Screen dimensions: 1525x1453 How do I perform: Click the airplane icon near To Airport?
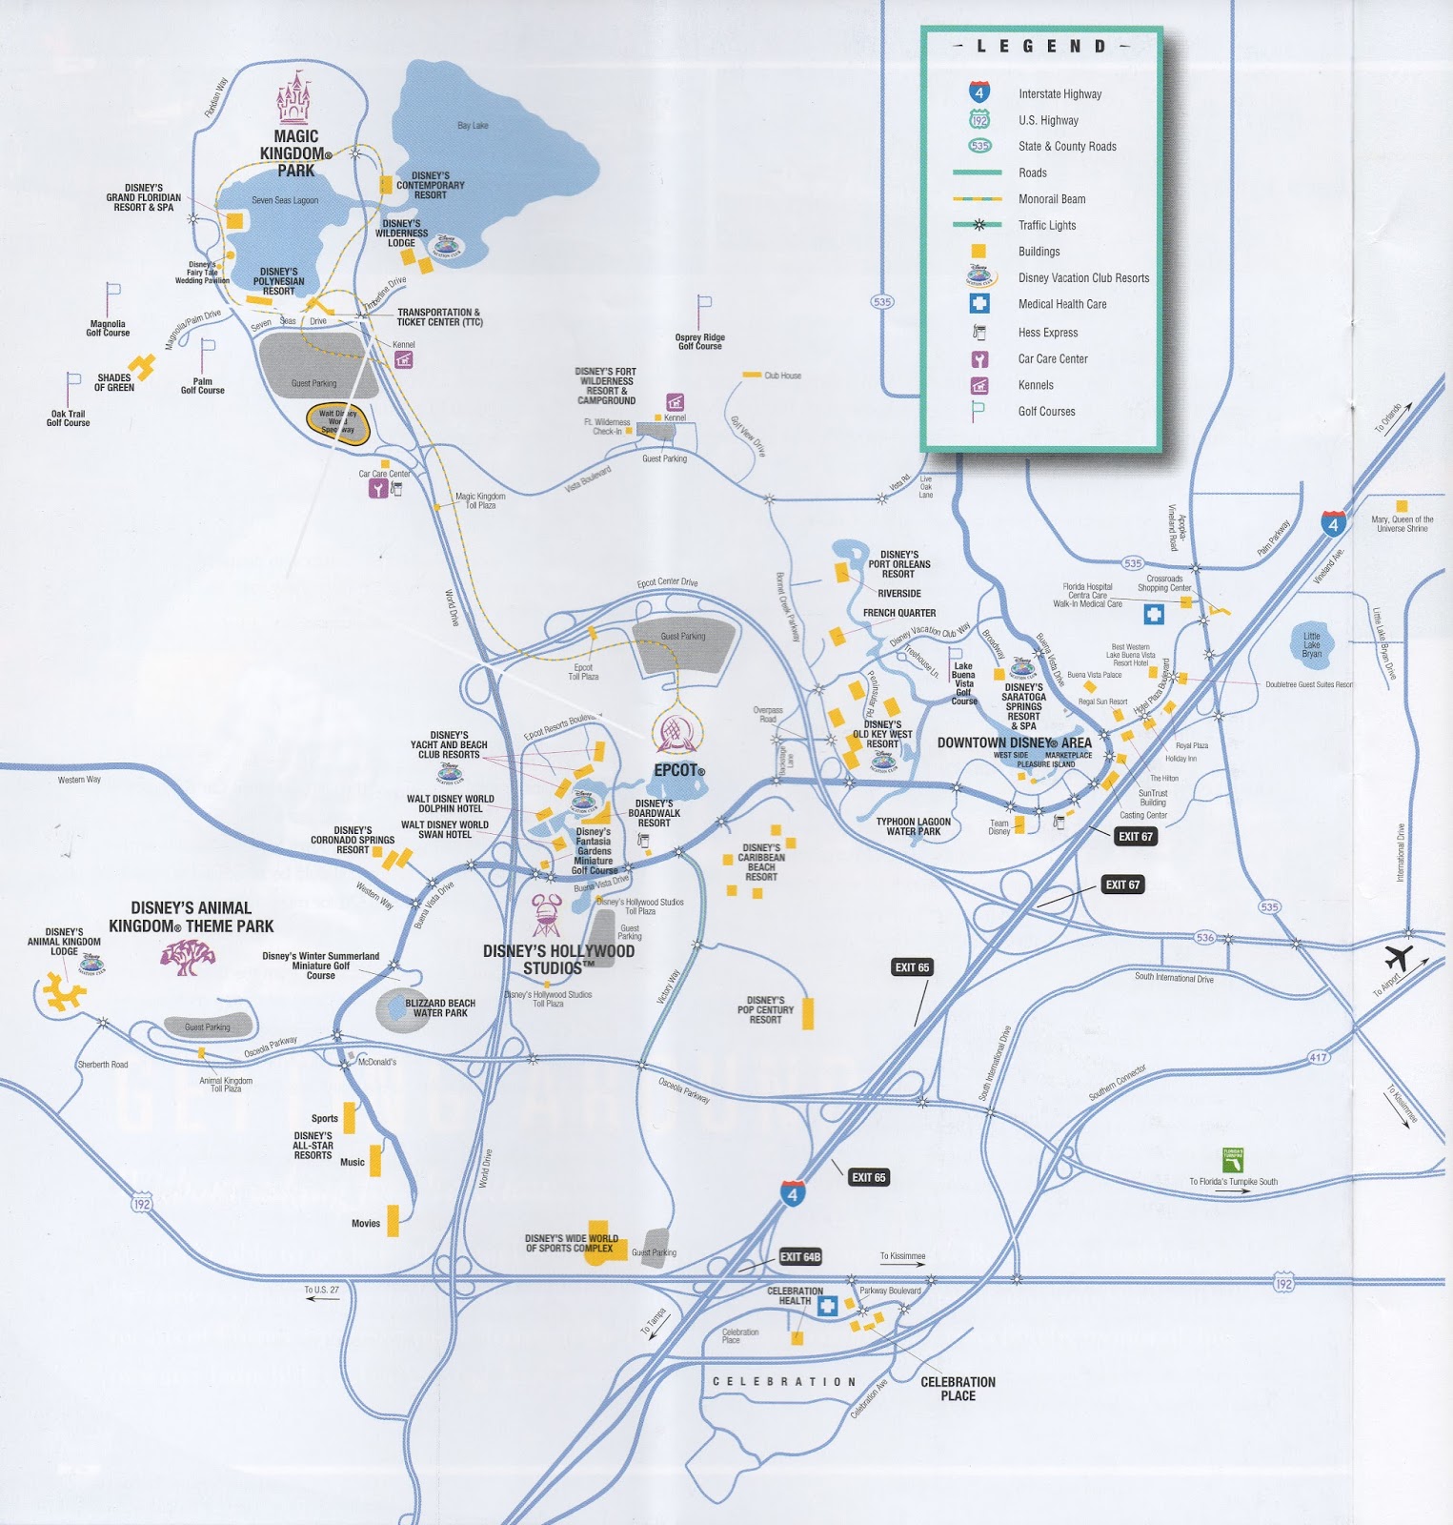(1398, 957)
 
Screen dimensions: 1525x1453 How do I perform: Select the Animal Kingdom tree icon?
(188, 957)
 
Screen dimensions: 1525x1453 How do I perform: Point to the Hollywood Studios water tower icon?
(546, 916)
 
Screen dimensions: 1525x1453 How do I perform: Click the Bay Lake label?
(473, 126)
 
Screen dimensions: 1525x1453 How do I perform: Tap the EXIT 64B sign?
(800, 1257)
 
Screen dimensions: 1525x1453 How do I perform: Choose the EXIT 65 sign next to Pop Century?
(912, 967)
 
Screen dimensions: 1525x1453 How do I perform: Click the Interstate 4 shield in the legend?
(979, 92)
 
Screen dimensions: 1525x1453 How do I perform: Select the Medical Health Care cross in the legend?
(979, 304)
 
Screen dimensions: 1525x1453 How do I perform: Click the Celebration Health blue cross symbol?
(827, 1306)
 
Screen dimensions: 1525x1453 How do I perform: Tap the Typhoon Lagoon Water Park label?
(913, 826)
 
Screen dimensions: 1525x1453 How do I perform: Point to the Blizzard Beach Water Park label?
(440, 1008)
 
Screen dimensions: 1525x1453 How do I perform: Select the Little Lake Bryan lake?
(1313, 644)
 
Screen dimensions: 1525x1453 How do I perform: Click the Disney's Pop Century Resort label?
(765, 1010)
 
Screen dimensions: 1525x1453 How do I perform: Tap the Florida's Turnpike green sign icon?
(1233, 1160)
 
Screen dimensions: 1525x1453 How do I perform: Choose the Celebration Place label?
(958, 1389)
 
